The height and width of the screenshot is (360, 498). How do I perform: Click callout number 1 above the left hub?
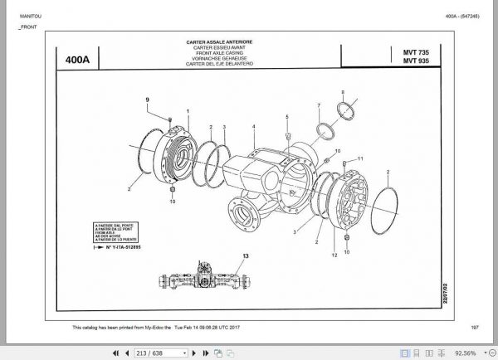point(188,111)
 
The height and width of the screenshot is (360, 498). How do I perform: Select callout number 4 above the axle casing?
point(254,126)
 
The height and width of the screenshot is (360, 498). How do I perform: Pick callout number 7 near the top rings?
point(318,105)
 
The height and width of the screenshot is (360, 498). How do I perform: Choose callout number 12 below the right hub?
point(334,255)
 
